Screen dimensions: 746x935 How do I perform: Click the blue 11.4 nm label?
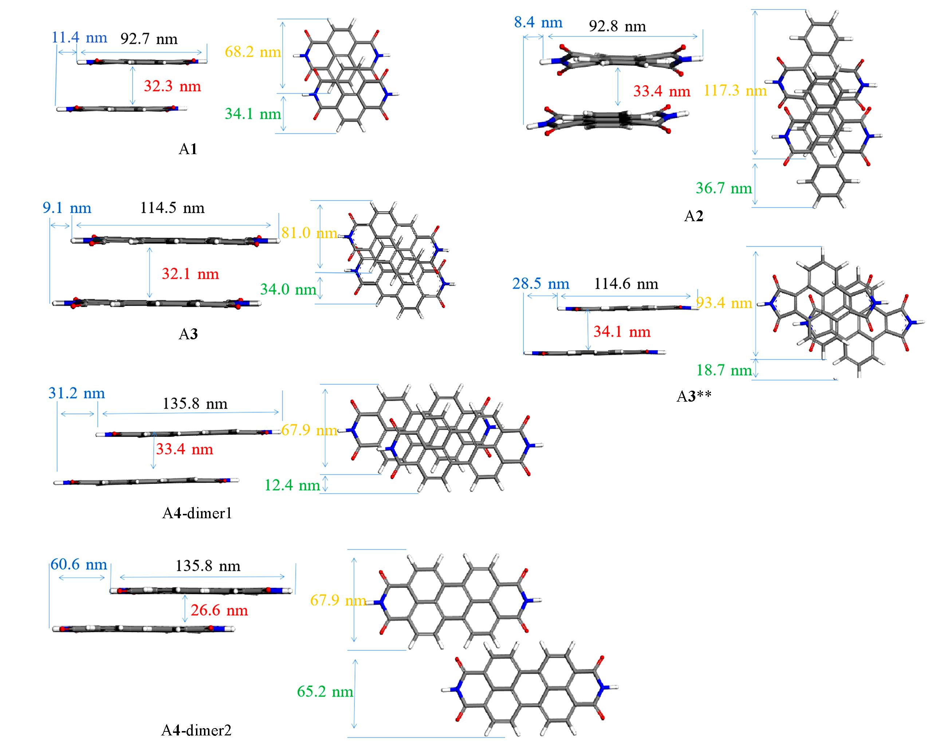click(x=79, y=38)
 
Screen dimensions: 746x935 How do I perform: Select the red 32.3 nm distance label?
click(x=172, y=86)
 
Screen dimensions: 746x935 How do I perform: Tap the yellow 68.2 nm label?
click(x=253, y=52)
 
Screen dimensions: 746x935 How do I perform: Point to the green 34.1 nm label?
click(x=253, y=114)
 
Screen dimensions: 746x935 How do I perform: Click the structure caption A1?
click(x=188, y=149)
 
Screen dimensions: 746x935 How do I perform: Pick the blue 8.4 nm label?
click(x=538, y=23)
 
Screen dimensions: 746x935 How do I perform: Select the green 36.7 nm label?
click(x=724, y=188)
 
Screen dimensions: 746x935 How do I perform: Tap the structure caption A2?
click(x=694, y=216)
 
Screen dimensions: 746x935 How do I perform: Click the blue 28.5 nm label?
click(x=541, y=284)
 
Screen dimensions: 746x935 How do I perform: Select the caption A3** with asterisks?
click(x=694, y=397)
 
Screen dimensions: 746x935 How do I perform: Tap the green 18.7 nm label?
click(x=724, y=370)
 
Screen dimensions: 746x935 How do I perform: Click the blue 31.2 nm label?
click(x=76, y=394)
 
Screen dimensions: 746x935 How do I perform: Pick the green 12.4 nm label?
click(x=292, y=485)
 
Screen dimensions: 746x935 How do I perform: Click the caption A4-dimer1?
click(x=197, y=514)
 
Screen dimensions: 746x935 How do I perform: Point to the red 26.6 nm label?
click(x=219, y=610)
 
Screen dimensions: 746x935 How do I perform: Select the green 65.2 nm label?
click(x=325, y=692)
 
